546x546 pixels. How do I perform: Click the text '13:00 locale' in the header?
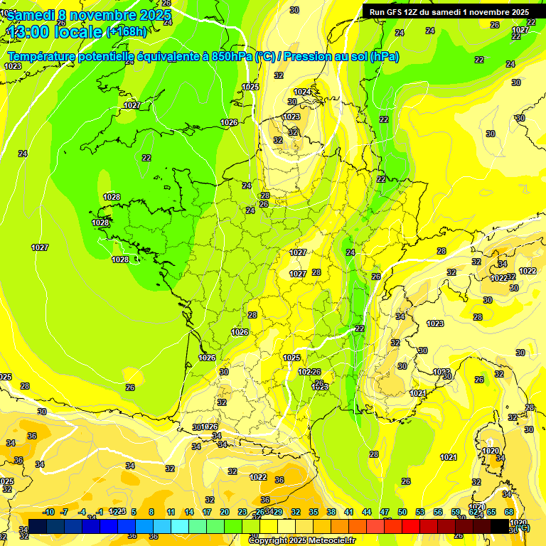tap(55, 32)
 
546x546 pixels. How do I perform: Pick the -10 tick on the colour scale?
tap(48, 512)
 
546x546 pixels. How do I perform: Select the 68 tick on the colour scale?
tap(509, 512)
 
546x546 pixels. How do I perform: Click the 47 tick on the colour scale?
tap(385, 512)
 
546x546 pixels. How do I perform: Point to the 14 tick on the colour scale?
tap(189, 512)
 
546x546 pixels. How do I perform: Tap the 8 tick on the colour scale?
tap(151, 512)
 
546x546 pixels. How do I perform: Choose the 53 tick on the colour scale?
tap(420, 512)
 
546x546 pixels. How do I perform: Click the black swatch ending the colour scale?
tap(500, 526)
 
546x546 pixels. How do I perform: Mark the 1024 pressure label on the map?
tap(302, 92)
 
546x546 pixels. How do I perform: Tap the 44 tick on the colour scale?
tap(367, 512)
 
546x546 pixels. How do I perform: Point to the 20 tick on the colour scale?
tap(225, 512)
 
